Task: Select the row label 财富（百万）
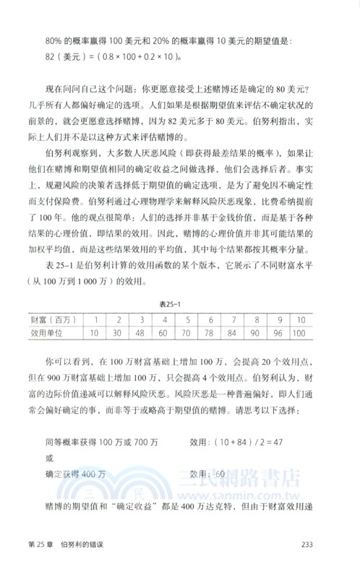point(54,320)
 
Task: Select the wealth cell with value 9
point(296,320)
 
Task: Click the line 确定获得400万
point(75,474)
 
